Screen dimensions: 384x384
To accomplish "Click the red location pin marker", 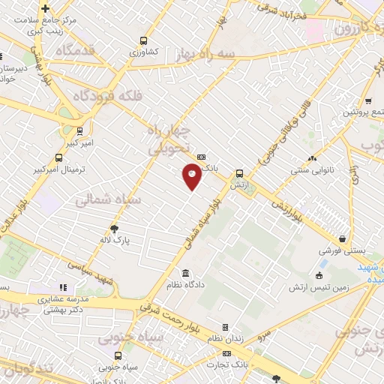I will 192,175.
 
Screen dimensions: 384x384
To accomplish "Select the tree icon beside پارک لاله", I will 114,229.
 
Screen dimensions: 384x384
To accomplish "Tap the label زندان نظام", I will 225,339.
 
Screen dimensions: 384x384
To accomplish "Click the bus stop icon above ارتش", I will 239,172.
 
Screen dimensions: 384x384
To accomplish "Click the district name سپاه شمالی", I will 103,200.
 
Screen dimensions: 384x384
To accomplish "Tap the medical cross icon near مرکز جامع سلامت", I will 46,9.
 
